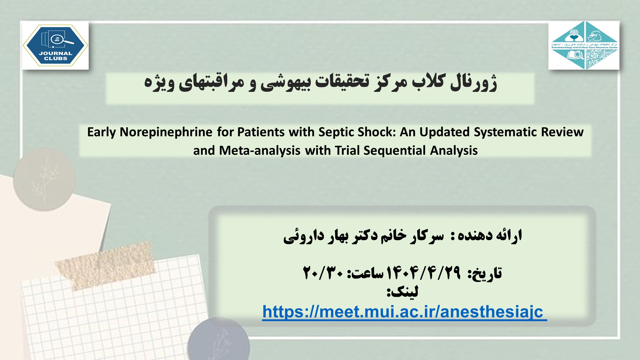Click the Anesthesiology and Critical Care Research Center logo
click(584, 46)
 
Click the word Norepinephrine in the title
click(166, 132)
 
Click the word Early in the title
click(102, 132)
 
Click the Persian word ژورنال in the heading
click(473, 83)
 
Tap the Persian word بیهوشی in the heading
click(285, 83)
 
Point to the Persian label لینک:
click(402, 292)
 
